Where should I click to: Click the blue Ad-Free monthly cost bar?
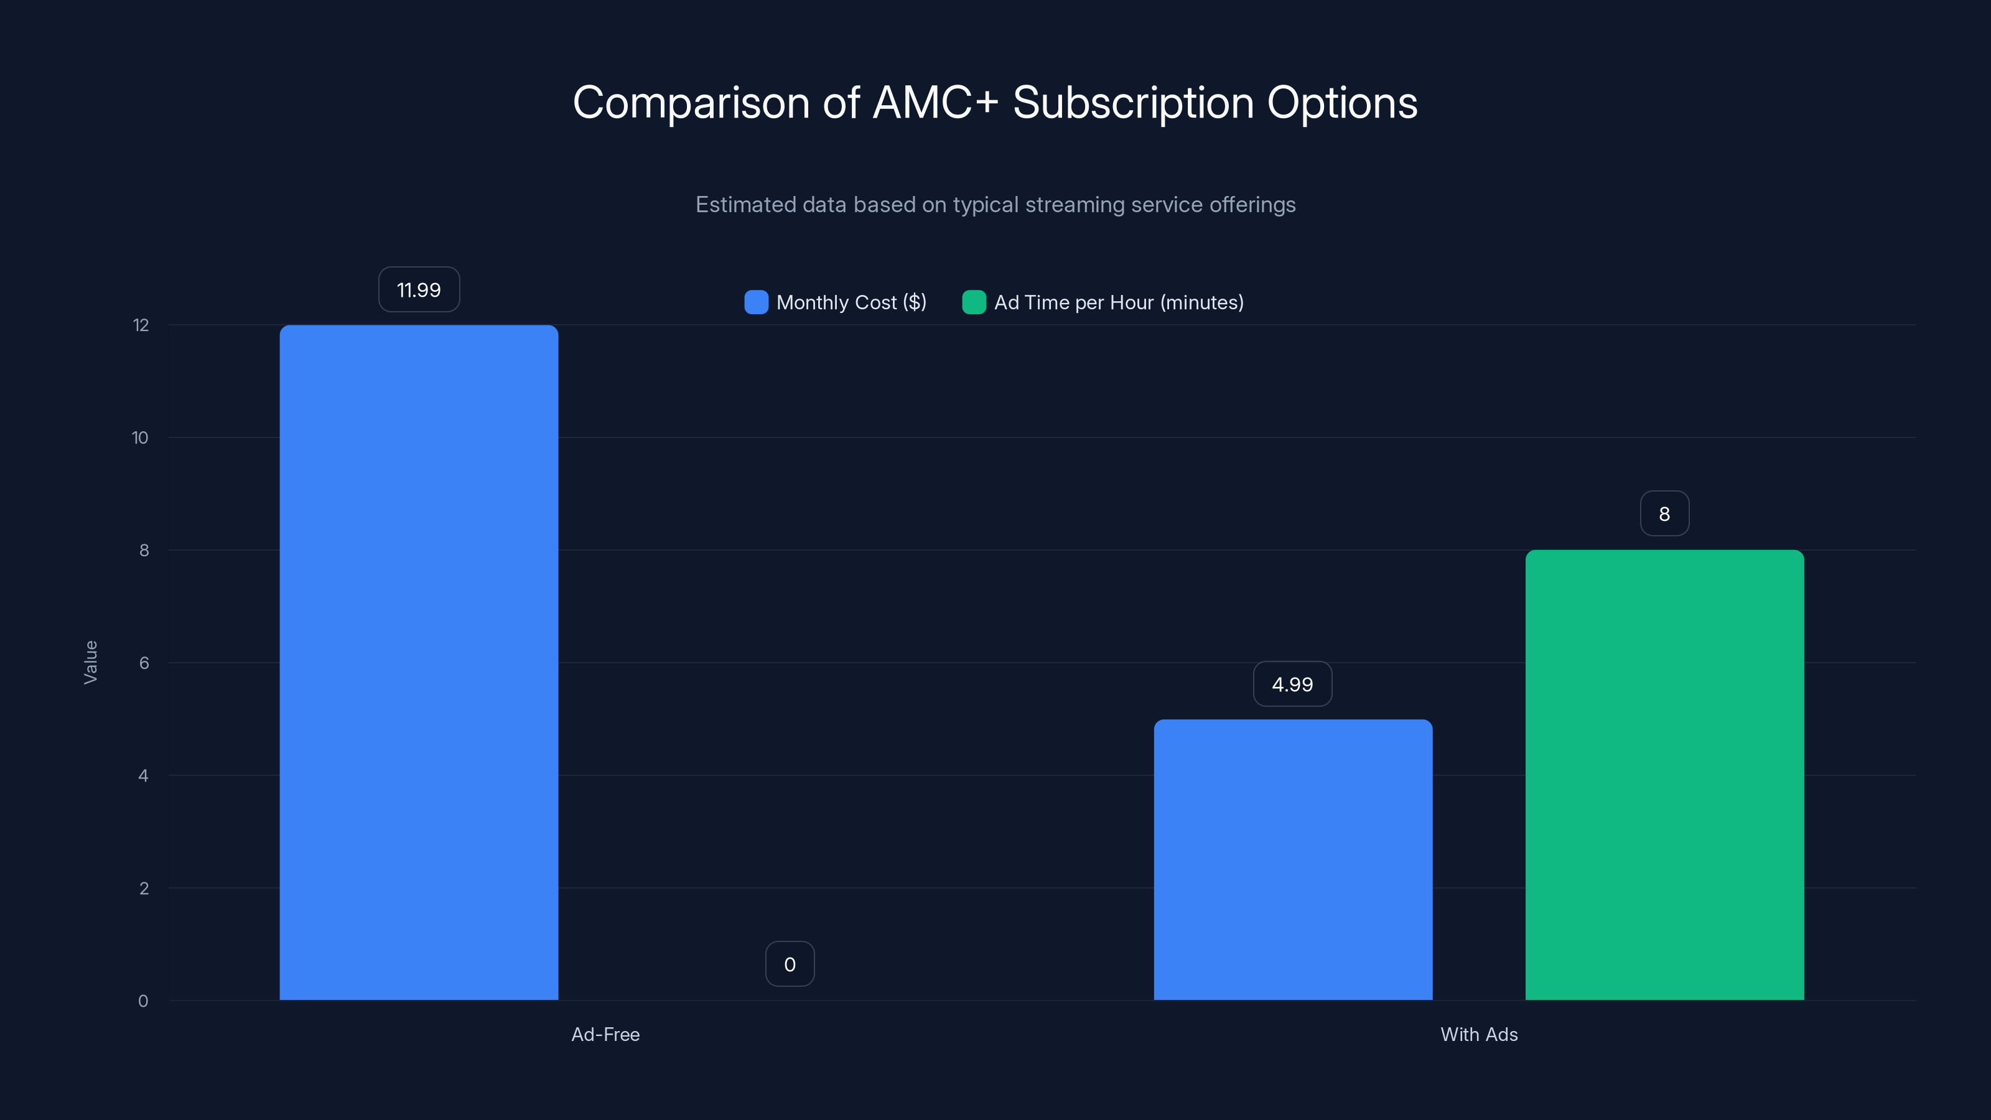pyautogui.click(x=418, y=663)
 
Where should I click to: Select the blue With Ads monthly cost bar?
pyautogui.click(x=1292, y=859)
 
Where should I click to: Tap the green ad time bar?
pyautogui.click(x=1664, y=775)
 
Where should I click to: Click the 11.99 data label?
pyautogui.click(x=418, y=290)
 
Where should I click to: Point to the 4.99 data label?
pyautogui.click(x=1292, y=684)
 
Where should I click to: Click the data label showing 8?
pyautogui.click(x=1664, y=514)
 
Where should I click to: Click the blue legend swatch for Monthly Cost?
pyautogui.click(x=756, y=302)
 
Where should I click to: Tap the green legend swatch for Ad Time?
pyautogui.click(x=973, y=302)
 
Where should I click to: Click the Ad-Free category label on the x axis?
pyautogui.click(x=605, y=1034)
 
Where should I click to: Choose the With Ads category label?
pyautogui.click(x=1478, y=1034)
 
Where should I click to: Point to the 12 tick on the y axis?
pyautogui.click(x=141, y=325)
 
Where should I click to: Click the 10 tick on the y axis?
pyautogui.click(x=140, y=438)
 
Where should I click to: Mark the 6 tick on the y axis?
pyautogui.click(x=144, y=663)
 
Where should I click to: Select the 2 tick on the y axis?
pyautogui.click(x=144, y=888)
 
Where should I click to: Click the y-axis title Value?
pyautogui.click(x=90, y=663)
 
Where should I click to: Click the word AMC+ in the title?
pyautogui.click(x=935, y=103)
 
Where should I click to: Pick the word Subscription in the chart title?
pyautogui.click(x=1133, y=103)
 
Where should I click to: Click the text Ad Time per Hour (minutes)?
pyautogui.click(x=1119, y=302)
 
